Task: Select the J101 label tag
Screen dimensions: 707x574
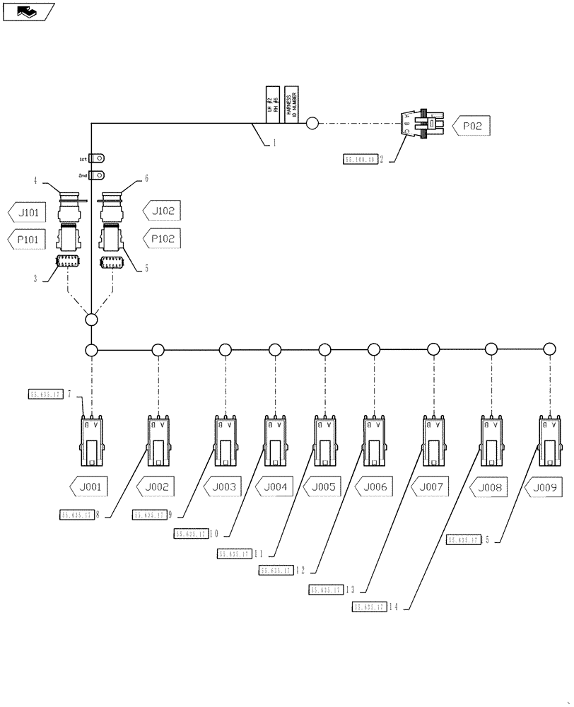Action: (x=29, y=211)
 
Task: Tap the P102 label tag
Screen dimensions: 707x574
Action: (x=164, y=239)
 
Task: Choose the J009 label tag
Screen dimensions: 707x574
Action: (x=544, y=486)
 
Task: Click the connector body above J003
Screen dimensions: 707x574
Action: (x=225, y=441)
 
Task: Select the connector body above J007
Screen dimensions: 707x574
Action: (x=433, y=441)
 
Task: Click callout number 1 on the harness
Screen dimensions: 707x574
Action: (x=274, y=142)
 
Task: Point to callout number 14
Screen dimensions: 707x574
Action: (x=393, y=607)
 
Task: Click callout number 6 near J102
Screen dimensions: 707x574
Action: (x=146, y=178)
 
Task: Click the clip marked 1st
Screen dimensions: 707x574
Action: (x=100, y=158)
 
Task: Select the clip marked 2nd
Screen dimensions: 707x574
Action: (x=100, y=175)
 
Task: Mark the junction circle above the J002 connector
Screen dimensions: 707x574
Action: (x=158, y=349)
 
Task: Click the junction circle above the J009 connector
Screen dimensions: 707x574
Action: (x=549, y=349)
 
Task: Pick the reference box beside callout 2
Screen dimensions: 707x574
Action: (x=360, y=160)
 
